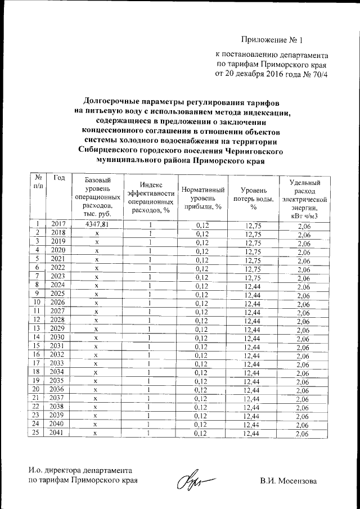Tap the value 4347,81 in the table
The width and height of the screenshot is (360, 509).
(x=96, y=225)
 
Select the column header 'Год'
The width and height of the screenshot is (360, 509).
(x=59, y=178)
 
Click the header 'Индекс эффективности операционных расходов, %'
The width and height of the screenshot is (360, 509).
(x=150, y=199)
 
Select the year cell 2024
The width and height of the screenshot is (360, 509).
(x=58, y=285)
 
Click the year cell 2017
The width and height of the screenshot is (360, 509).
(x=58, y=224)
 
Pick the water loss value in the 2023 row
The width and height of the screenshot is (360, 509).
(x=249, y=277)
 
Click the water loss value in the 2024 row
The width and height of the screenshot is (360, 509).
(x=249, y=286)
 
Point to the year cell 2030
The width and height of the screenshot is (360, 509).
(x=58, y=337)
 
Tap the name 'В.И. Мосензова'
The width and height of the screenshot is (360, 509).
(x=288, y=481)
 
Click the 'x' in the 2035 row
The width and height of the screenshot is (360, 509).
(x=96, y=381)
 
